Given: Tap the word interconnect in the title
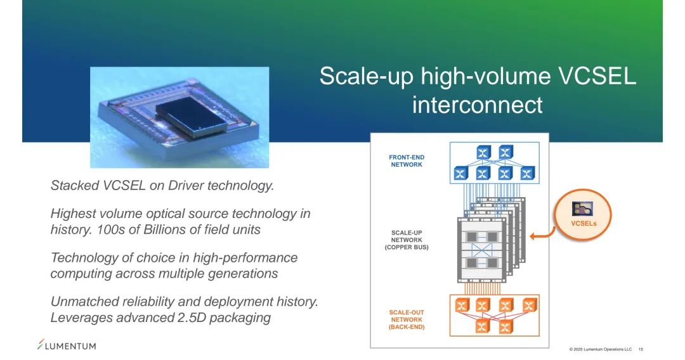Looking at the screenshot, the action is click(x=477, y=105).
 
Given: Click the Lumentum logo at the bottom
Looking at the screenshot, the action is click(x=67, y=345).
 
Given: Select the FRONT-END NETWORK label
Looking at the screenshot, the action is click(x=407, y=161).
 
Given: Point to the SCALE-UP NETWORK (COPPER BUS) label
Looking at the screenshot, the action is click(x=407, y=240).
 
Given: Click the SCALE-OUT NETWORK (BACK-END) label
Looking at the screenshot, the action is click(x=407, y=319).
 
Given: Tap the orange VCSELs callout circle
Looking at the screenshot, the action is click(x=583, y=214).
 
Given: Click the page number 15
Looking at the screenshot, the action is click(x=641, y=349).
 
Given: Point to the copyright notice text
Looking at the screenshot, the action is click(x=600, y=349).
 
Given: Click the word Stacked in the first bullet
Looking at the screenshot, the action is click(x=75, y=186).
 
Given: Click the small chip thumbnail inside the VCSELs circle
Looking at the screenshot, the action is click(x=583, y=209).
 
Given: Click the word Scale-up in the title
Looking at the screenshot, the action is click(x=367, y=77).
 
